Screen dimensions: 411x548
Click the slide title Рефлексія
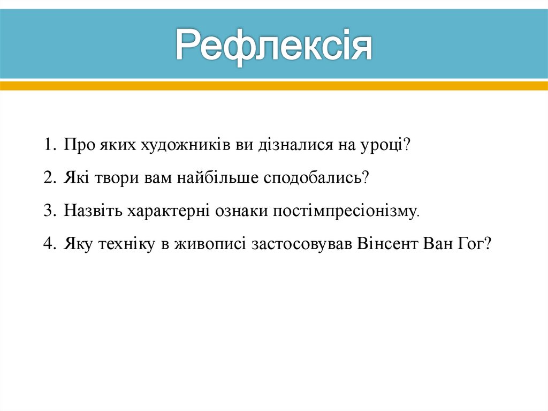click(274, 46)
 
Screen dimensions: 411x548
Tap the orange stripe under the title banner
click(274, 85)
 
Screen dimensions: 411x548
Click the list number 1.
click(49, 145)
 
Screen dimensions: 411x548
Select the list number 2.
click(49, 178)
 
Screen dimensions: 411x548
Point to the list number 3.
click(49, 211)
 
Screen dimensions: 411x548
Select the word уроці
click(381, 146)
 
